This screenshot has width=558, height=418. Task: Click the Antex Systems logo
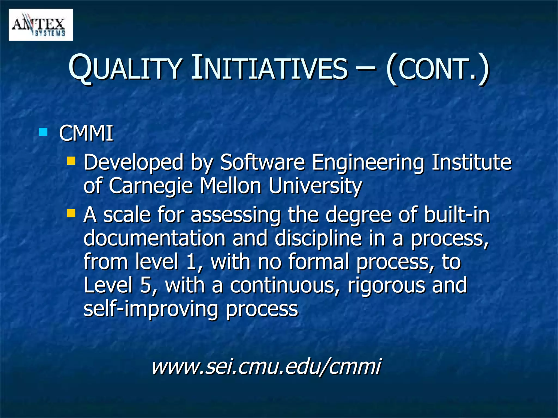pos(41,25)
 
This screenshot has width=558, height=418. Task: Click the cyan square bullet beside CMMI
pos(43,132)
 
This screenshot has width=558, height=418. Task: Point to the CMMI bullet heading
pos(86,133)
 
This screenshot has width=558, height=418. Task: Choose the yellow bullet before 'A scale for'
pos(71,213)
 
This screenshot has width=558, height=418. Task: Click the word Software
pos(262,162)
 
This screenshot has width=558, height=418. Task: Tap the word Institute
pos(472,162)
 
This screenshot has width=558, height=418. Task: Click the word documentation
pos(154,238)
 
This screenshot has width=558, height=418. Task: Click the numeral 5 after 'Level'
pos(146,285)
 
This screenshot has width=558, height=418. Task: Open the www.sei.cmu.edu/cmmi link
pos(266,366)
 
